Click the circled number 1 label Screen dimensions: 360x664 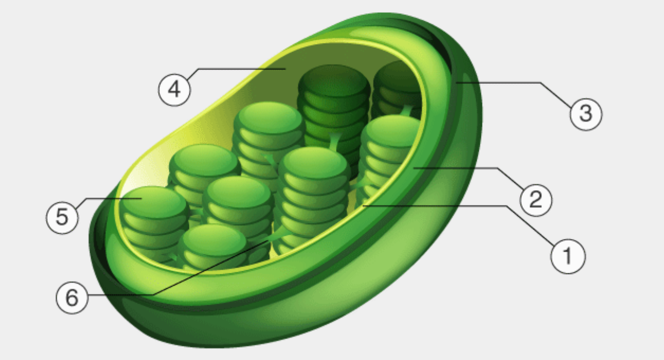567,257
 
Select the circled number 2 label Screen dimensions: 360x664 536,199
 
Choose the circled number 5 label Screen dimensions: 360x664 62,218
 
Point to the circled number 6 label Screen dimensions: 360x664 72,298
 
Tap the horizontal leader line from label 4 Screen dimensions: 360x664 239,69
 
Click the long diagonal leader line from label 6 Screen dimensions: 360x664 212,268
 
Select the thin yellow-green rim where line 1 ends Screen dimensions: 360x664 364,205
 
